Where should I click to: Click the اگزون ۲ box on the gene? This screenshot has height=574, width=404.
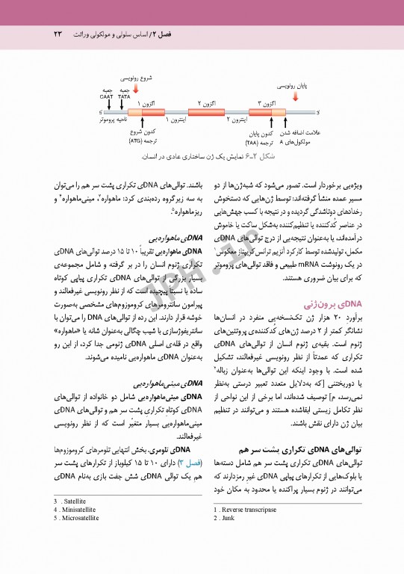coord(206,111)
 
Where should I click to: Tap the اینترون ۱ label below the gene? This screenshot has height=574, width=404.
coord(176,120)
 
